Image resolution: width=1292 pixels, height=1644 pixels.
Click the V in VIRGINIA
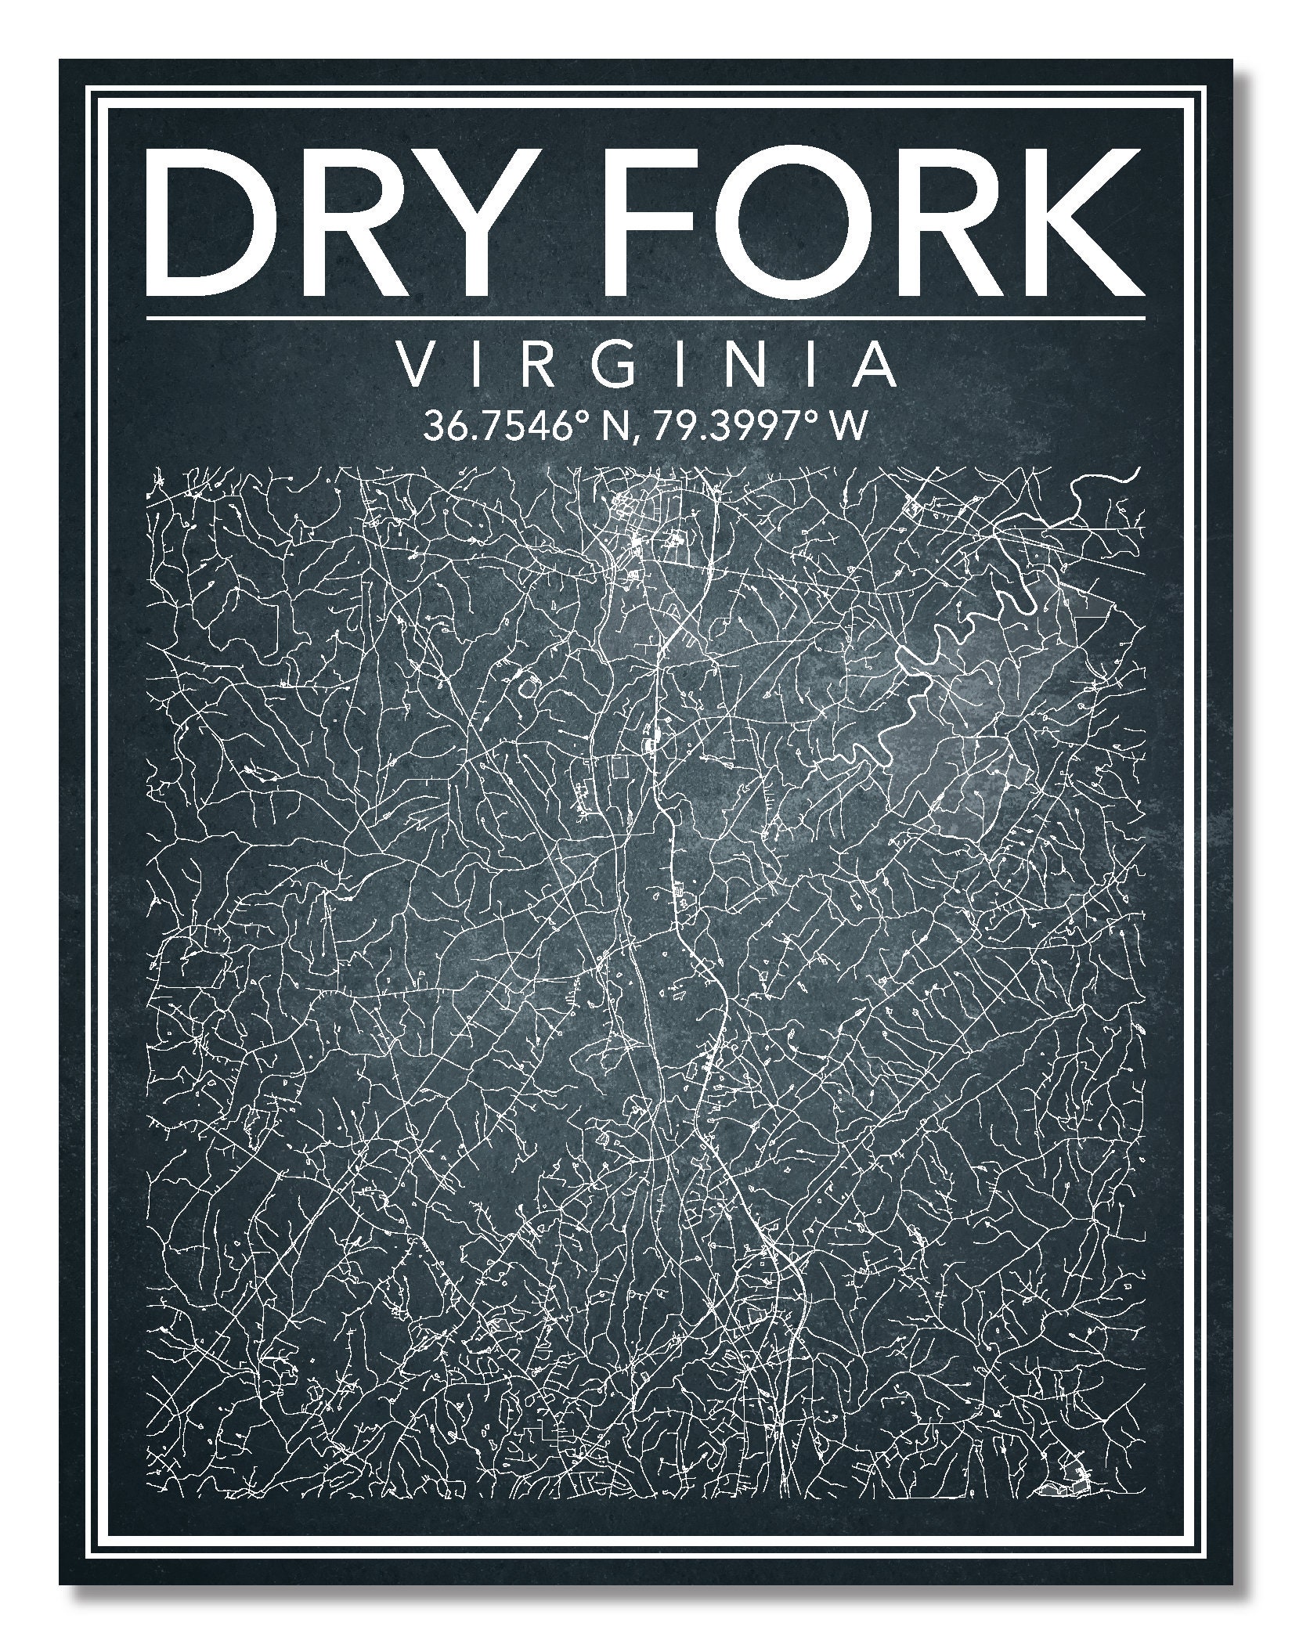pos(415,366)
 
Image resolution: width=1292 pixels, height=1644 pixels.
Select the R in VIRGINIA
pos(543,366)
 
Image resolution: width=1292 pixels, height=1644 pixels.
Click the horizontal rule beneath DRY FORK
pos(645,319)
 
